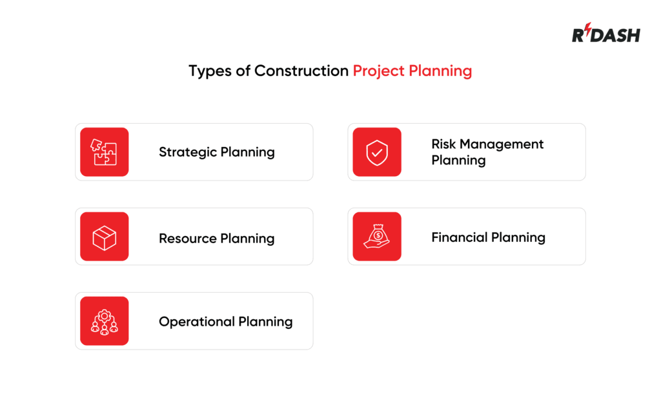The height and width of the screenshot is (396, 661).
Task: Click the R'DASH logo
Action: (605, 34)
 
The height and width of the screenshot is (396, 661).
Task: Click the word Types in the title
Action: (210, 71)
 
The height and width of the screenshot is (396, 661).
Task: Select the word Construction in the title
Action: (301, 70)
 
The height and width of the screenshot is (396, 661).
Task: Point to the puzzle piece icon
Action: (104, 152)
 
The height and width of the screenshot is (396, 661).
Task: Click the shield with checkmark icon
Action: (377, 152)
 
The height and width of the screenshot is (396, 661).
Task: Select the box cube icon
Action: (104, 237)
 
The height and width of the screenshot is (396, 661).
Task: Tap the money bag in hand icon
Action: (377, 237)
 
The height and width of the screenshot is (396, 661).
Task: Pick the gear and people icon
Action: (104, 321)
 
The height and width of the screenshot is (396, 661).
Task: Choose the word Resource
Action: (187, 239)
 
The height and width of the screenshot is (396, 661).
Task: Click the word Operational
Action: (196, 321)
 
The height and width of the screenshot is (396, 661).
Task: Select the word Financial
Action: (458, 237)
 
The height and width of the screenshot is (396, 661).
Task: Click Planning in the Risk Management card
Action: (458, 161)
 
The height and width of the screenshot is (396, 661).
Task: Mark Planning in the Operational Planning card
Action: (265, 322)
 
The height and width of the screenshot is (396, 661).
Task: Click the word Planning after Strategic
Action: (247, 153)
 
